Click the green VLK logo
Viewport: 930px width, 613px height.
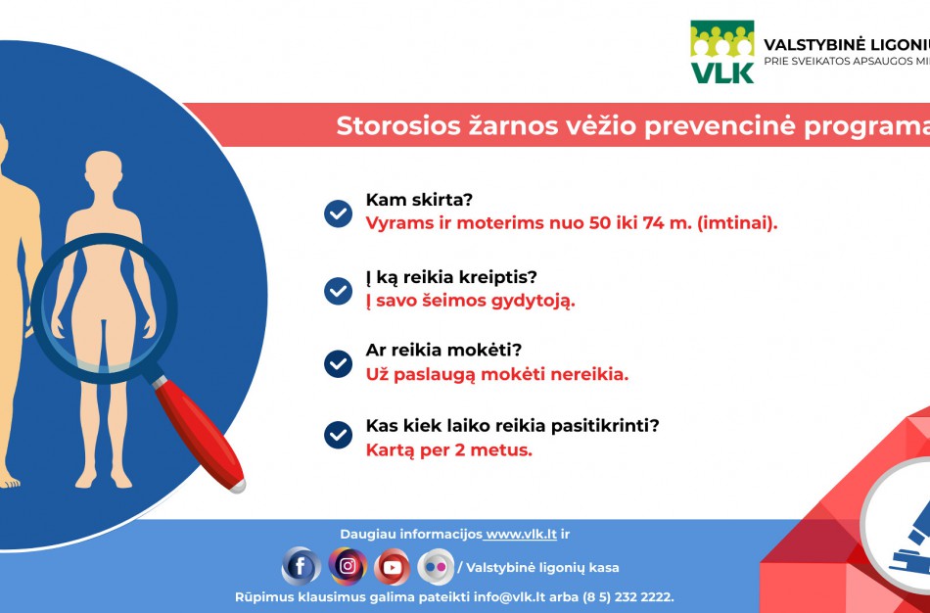click(x=722, y=52)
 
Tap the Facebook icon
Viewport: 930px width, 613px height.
click(x=301, y=566)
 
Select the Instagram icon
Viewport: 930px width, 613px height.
click(x=347, y=565)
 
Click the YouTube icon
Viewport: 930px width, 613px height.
click(x=392, y=566)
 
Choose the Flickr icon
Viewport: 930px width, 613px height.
click(x=436, y=566)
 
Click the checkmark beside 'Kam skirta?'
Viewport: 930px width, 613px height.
click(x=338, y=213)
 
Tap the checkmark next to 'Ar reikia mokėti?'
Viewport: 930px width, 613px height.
click(x=338, y=364)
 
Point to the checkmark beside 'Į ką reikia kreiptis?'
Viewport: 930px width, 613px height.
click(x=338, y=290)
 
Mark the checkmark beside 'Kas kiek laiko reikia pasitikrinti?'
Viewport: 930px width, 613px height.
click(x=338, y=435)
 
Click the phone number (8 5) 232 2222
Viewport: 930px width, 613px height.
click(x=628, y=596)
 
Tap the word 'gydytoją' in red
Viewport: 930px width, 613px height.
click(x=533, y=301)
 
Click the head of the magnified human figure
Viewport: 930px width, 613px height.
click(x=103, y=173)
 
